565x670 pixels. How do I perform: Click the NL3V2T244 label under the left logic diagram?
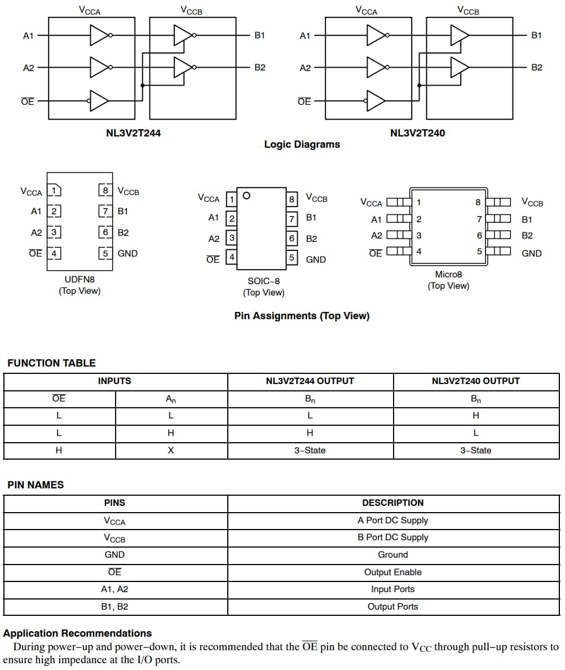134,134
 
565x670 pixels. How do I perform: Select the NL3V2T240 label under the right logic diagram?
417,134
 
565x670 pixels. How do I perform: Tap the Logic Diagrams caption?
302,144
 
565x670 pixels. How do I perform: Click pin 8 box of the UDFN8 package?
105,190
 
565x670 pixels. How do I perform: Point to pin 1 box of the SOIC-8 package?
231,199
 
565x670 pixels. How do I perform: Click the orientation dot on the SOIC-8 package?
246,196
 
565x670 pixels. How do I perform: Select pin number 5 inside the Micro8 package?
479,252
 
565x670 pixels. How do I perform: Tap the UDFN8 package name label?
80,279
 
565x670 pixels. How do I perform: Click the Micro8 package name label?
448,274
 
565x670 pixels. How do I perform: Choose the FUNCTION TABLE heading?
51,363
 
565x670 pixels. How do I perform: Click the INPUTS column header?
114,381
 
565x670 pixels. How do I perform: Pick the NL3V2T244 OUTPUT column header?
310,381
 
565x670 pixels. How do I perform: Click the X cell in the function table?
171,450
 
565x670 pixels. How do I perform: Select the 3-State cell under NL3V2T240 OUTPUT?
475,450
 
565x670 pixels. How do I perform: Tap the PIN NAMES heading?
36,485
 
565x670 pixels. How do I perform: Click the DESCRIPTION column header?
392,503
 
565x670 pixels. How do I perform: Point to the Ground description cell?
392,555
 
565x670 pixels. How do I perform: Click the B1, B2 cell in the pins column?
114,607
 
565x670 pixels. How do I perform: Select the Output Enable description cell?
392,572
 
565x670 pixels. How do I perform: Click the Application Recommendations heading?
77,633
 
